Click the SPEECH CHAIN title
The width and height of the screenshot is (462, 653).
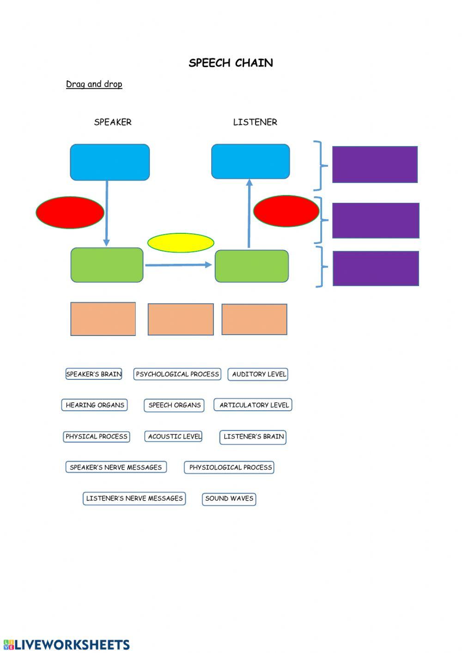(231, 63)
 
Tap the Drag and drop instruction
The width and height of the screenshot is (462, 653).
(94, 84)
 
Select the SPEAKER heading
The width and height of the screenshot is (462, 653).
(113, 122)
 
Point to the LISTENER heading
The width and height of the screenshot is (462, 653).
(255, 122)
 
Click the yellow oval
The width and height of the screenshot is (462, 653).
(181, 243)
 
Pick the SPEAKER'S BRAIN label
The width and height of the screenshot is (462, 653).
(94, 374)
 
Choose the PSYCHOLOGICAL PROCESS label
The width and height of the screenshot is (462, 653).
(177, 374)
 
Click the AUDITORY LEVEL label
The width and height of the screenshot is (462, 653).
(258, 374)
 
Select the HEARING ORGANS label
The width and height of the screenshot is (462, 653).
(95, 405)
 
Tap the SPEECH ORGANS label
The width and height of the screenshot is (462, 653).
(174, 405)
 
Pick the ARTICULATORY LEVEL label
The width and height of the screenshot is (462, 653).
(254, 405)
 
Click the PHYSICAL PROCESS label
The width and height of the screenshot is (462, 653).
(96, 436)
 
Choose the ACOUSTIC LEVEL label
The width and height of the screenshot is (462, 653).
(174, 436)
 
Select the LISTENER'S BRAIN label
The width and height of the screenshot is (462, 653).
(253, 437)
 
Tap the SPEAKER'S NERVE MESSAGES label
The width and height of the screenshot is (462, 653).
(116, 467)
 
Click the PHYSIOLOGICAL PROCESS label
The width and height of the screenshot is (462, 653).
(230, 467)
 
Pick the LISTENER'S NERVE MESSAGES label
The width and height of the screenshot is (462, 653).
(134, 498)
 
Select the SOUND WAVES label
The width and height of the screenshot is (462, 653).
(229, 499)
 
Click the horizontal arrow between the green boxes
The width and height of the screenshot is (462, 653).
(178, 265)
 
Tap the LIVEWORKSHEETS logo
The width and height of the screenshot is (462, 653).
(67, 645)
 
